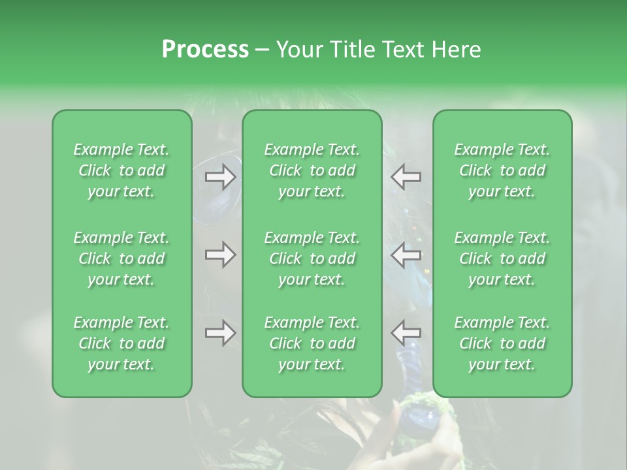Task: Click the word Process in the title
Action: pyautogui.click(x=205, y=50)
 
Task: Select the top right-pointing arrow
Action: pyautogui.click(x=221, y=176)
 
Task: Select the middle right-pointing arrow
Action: pyautogui.click(x=221, y=255)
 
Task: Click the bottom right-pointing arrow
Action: pyautogui.click(x=221, y=333)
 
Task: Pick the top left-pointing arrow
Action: pyautogui.click(x=406, y=176)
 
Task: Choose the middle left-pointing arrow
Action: pyautogui.click(x=406, y=255)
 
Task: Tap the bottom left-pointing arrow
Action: pyautogui.click(x=406, y=333)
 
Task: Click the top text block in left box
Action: pyautogui.click(x=121, y=170)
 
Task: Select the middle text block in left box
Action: pyautogui.click(x=121, y=258)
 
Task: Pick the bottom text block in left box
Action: pyautogui.click(x=121, y=343)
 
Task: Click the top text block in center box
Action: pyautogui.click(x=312, y=170)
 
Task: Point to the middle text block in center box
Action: pyautogui.click(x=312, y=258)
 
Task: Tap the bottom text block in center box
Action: pyautogui.click(x=312, y=343)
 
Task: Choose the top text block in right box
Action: pyautogui.click(x=502, y=170)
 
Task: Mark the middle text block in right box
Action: pyautogui.click(x=502, y=258)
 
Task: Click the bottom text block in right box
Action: pyautogui.click(x=502, y=343)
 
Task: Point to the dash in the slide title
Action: pyautogui.click(x=262, y=50)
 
